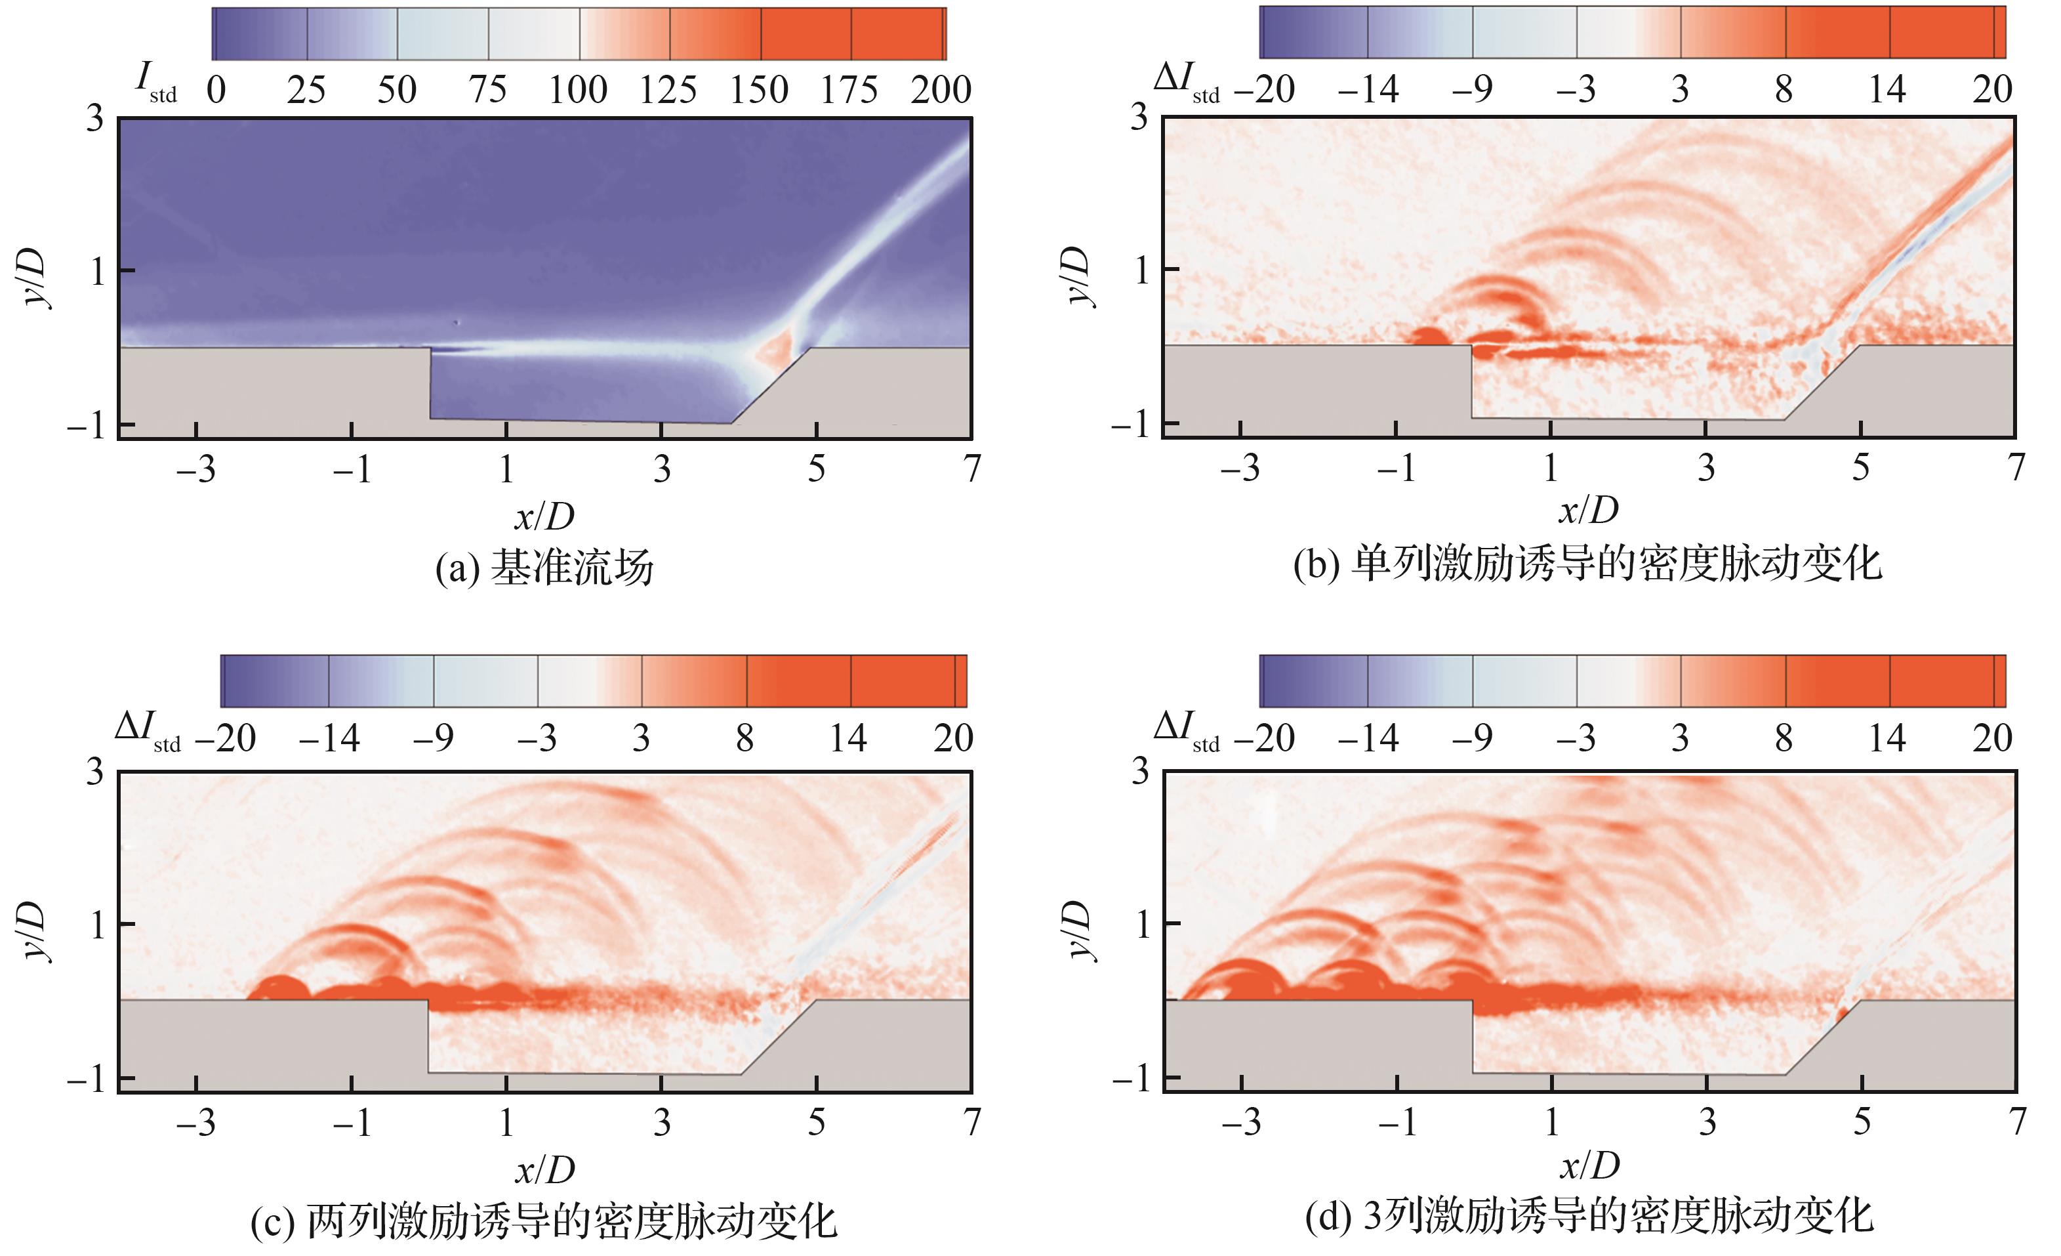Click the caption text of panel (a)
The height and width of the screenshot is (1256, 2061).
tap(544, 568)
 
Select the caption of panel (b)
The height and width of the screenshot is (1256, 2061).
tap(1587, 563)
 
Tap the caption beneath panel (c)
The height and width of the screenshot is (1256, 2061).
tap(544, 1220)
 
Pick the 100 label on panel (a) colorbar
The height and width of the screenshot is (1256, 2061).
tap(577, 89)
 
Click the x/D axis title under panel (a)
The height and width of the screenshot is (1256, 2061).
tap(544, 517)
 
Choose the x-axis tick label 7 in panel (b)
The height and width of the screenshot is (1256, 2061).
tap(2016, 468)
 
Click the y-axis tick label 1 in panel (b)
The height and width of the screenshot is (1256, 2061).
tap(1142, 270)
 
